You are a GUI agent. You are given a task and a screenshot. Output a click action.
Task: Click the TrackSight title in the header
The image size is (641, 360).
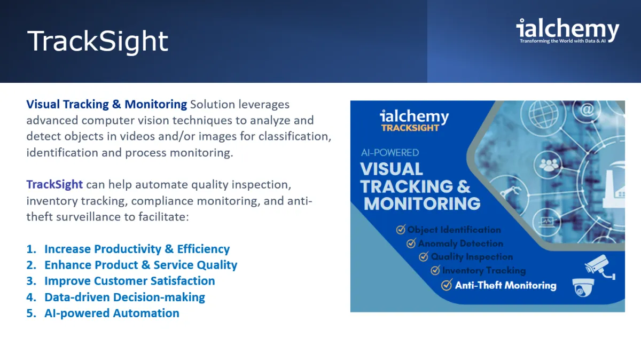point(98,42)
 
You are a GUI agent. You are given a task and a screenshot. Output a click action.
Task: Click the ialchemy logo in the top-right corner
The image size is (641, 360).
point(568,30)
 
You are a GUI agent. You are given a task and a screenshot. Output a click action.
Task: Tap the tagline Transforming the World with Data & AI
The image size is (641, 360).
point(562,41)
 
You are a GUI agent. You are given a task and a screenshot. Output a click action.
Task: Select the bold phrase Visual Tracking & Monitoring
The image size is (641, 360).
point(106,105)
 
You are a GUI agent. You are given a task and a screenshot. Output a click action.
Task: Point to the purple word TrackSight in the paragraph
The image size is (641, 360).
point(54,185)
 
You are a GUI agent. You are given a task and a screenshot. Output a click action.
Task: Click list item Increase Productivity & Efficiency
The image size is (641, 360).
point(137,249)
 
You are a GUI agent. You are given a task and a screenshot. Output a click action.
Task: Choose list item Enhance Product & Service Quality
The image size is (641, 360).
point(141,265)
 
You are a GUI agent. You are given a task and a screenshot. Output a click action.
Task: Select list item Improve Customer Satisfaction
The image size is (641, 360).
point(130,281)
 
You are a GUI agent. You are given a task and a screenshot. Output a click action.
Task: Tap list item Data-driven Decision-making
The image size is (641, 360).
point(125,297)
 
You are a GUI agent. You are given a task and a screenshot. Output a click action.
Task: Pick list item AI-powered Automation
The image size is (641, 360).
point(112,313)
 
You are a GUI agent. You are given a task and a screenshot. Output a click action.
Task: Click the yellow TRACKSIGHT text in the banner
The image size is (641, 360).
point(410,128)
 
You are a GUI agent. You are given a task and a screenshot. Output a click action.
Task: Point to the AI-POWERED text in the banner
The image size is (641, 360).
point(390,153)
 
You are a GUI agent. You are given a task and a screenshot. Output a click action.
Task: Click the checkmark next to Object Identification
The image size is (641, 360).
point(401,229)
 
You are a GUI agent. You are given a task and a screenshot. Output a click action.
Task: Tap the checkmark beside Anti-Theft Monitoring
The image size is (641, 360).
point(447,285)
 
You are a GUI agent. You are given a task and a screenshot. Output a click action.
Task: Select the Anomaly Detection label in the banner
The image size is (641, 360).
point(460,244)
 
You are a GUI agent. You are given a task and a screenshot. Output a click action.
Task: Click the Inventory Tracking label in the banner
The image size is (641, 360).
point(484,270)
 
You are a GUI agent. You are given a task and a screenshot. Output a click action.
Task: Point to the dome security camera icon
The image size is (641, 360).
point(583,287)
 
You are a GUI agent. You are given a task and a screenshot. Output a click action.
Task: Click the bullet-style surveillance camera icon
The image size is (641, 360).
point(600,267)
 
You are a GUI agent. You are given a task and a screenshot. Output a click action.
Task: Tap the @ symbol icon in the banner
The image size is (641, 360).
point(587,109)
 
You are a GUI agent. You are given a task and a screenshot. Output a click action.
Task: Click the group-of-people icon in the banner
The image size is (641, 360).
point(548,165)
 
